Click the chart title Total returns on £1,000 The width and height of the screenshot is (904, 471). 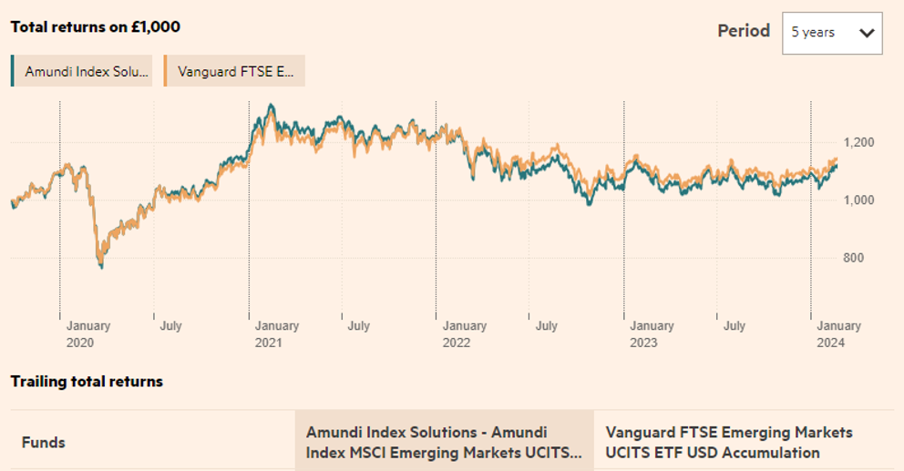[x=95, y=27]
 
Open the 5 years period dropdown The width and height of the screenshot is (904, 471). [x=832, y=33]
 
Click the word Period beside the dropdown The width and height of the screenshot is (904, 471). [x=744, y=31]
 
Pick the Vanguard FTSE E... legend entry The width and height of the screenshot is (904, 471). [x=234, y=71]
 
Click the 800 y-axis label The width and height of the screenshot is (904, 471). [x=852, y=258]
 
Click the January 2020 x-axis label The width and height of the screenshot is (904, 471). [x=87, y=334]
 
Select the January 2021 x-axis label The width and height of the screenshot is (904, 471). [x=276, y=334]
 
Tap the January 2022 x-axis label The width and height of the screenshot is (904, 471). [x=464, y=334]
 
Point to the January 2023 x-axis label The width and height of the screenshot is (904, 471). [x=652, y=334]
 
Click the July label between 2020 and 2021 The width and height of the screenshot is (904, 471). [x=169, y=326]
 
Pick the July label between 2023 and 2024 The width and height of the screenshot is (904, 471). [x=734, y=326]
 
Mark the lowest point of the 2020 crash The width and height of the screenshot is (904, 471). [x=101, y=267]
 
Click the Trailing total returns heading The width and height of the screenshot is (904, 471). [x=87, y=382]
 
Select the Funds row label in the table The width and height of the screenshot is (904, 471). [x=44, y=443]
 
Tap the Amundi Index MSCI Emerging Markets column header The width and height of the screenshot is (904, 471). [x=443, y=442]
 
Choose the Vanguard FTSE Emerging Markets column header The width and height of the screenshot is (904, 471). [x=729, y=442]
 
